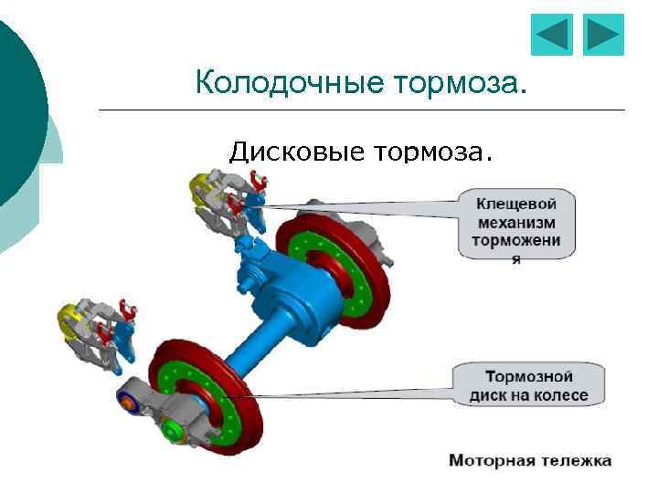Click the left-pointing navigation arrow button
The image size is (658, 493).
click(x=551, y=36)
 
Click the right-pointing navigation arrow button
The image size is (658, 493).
click(x=603, y=36)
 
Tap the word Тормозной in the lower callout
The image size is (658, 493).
click(x=528, y=376)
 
